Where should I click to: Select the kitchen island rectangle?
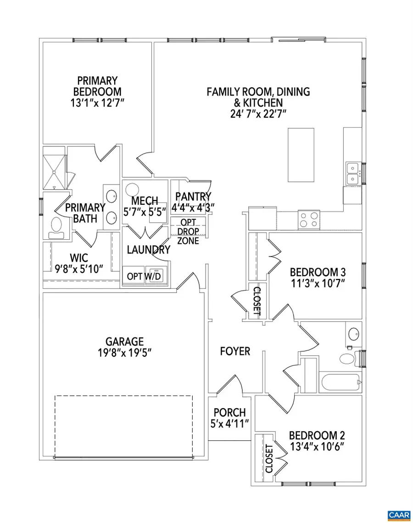[x=301, y=155]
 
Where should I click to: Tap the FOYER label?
[x=235, y=351]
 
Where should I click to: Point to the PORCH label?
[x=228, y=413]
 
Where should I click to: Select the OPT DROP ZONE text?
[x=188, y=231]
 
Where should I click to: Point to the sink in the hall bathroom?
[x=353, y=332]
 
